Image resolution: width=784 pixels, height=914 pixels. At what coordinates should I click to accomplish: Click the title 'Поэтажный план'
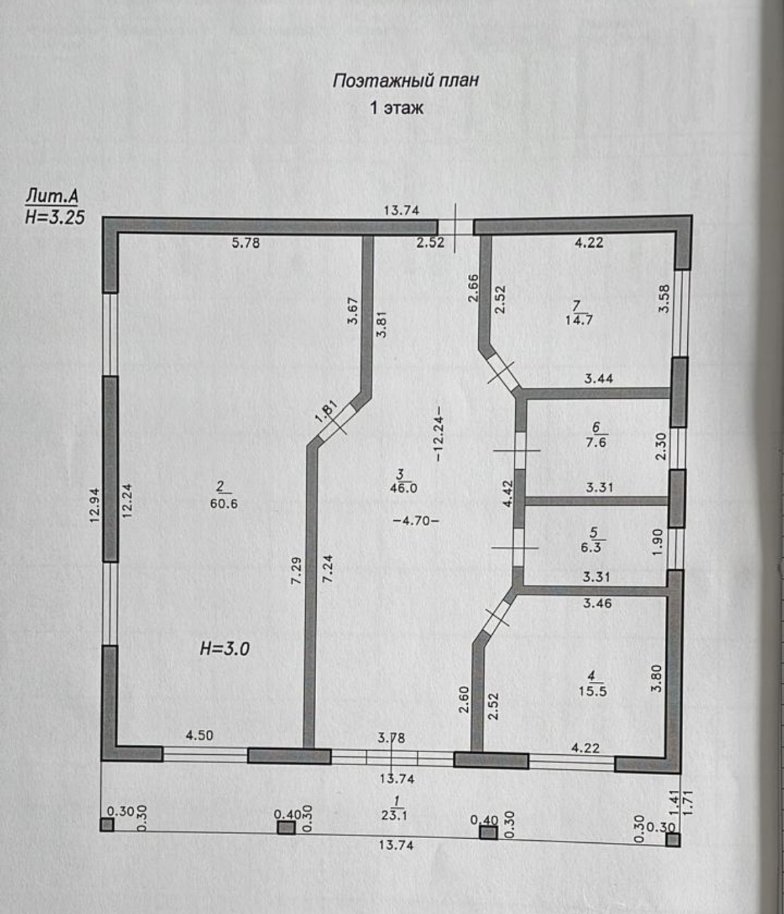[406, 81]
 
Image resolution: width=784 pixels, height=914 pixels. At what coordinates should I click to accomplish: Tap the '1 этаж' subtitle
[396, 108]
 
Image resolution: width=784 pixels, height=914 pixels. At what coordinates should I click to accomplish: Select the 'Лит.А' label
[51, 196]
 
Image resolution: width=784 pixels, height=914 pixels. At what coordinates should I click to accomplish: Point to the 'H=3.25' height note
[54, 217]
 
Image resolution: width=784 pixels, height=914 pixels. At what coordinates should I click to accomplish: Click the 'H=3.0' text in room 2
[225, 649]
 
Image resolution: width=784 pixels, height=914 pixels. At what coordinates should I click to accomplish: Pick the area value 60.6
[223, 504]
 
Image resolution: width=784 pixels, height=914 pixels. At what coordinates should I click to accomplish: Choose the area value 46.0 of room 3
[404, 488]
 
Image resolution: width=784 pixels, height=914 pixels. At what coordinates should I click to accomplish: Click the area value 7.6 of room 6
[596, 443]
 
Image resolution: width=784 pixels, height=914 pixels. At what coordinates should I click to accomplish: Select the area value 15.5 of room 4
[593, 691]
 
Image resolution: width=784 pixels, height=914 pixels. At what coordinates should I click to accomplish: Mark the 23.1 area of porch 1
[395, 815]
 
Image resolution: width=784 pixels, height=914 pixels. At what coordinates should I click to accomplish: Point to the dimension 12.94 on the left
[95, 506]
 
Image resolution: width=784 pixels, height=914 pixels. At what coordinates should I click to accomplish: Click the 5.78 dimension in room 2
[246, 243]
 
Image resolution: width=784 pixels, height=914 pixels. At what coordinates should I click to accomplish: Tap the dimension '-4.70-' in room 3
[416, 521]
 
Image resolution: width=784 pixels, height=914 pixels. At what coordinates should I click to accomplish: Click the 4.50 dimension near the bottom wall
[200, 735]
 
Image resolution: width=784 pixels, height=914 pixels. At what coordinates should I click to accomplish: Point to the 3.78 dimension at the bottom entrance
[391, 738]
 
